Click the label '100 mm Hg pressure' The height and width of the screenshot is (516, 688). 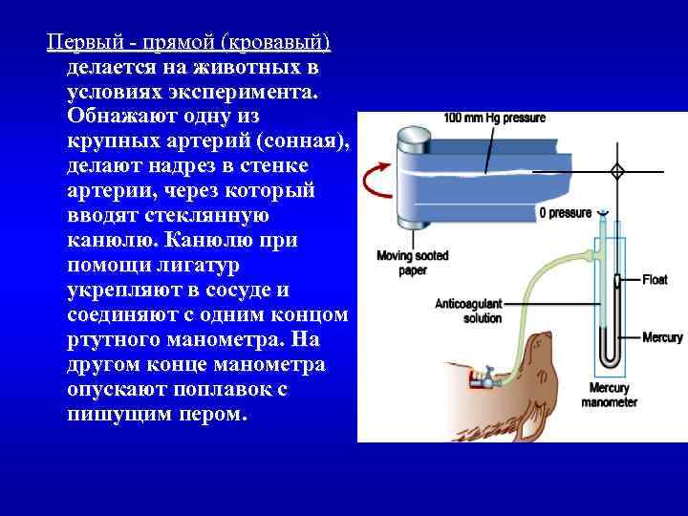(x=494, y=118)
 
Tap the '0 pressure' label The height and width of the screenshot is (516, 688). (x=565, y=213)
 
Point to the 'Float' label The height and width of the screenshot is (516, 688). (x=655, y=280)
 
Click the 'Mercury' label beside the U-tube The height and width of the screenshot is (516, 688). (x=662, y=338)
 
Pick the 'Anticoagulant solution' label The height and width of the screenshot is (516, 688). (x=468, y=311)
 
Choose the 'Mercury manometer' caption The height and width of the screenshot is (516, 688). (x=609, y=396)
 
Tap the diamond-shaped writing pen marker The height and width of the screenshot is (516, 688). (x=616, y=171)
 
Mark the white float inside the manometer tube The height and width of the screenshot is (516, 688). (x=616, y=281)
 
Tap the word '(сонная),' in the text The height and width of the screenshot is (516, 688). (x=303, y=140)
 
